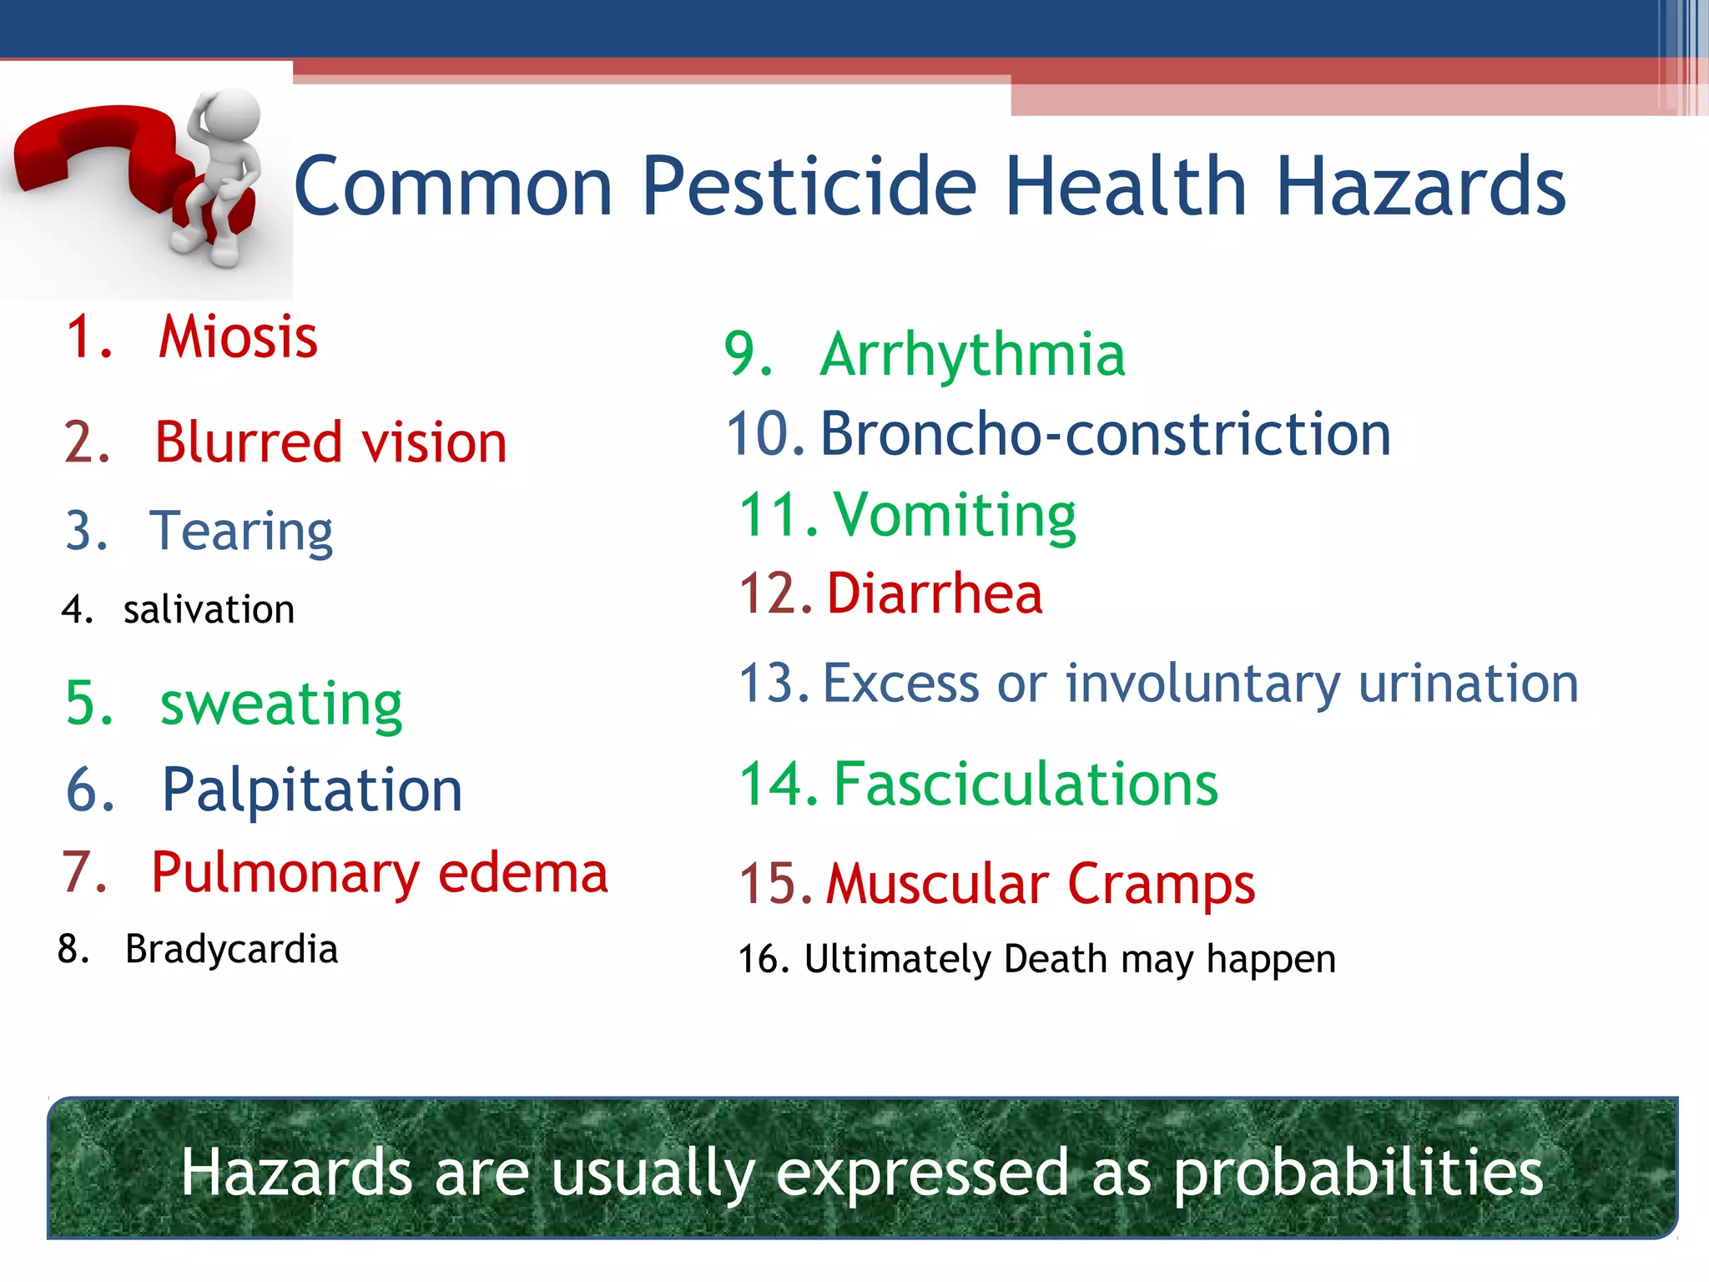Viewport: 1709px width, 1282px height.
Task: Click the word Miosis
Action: pyautogui.click(x=238, y=337)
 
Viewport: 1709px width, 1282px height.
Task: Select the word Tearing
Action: pyautogui.click(x=241, y=531)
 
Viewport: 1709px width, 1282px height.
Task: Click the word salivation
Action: pyautogui.click(x=209, y=610)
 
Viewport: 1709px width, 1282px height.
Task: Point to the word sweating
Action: pyautogui.click(x=281, y=704)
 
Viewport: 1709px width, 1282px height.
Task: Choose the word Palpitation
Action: pyautogui.click(x=312, y=790)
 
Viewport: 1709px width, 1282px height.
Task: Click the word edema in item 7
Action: pyautogui.click(x=523, y=873)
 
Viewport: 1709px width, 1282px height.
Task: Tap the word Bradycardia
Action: pyautogui.click(x=231, y=950)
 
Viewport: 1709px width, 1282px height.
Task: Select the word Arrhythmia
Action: pyautogui.click(x=972, y=355)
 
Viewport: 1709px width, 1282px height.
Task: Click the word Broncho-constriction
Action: pyautogui.click(x=1106, y=434)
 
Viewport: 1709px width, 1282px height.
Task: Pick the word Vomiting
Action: pyautogui.click(x=955, y=515)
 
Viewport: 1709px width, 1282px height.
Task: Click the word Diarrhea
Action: pyautogui.click(x=935, y=593)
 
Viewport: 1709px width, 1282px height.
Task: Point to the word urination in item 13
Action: pyautogui.click(x=1469, y=684)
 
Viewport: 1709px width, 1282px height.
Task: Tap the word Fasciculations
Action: pyautogui.click(x=1026, y=785)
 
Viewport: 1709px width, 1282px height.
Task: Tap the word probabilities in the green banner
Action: pyautogui.click(x=1359, y=1172)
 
